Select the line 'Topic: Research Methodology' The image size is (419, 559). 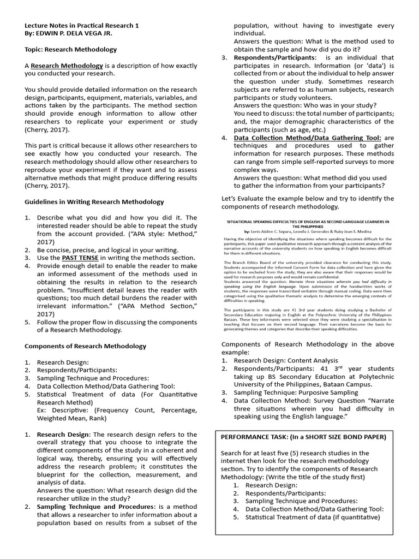click(x=71, y=49)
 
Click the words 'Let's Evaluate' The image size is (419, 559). click(x=241, y=198)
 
